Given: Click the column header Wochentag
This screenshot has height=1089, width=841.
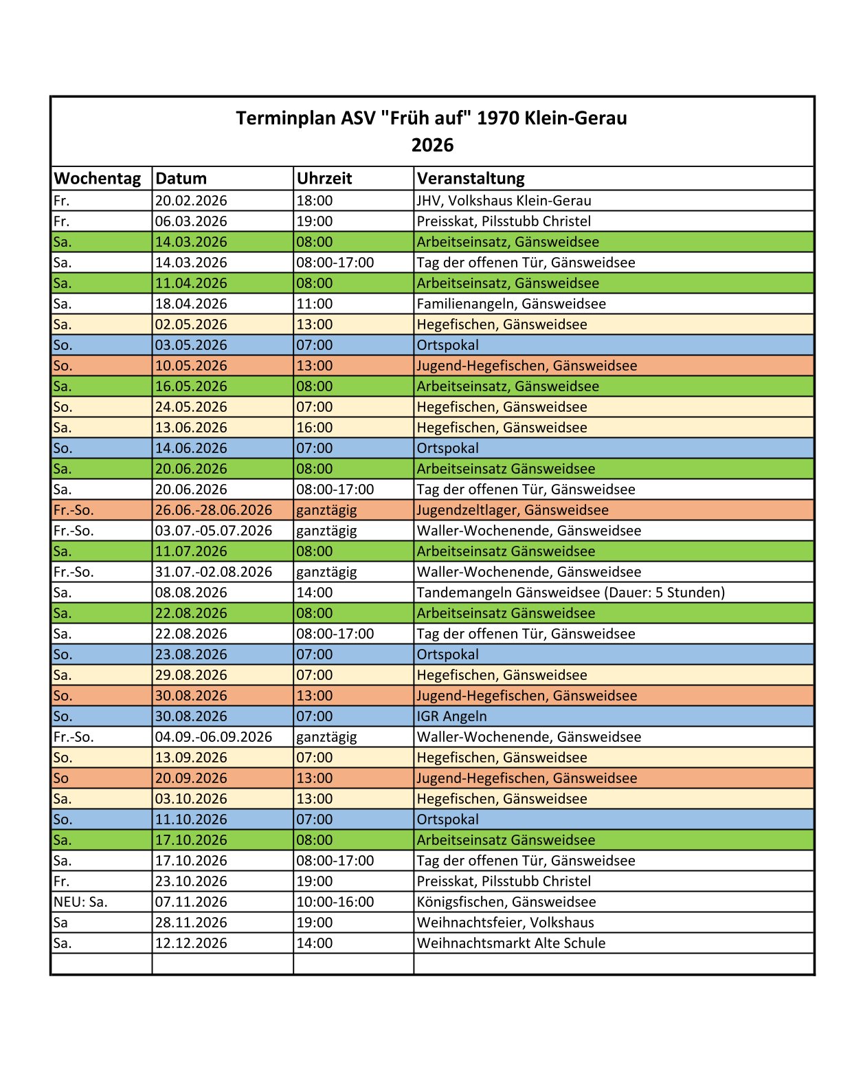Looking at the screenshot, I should (98, 179).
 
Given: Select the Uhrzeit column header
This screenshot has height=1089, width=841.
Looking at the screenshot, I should (324, 179).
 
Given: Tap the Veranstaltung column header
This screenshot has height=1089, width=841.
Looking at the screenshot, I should (471, 179).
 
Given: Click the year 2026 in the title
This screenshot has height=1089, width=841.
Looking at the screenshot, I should (432, 145).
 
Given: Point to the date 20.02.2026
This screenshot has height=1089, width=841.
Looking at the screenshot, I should (191, 201).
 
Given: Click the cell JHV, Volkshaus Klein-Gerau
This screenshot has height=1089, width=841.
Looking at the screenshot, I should (504, 201).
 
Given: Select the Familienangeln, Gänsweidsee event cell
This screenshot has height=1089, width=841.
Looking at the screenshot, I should (511, 304).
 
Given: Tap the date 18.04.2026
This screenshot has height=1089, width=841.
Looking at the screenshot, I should (191, 304).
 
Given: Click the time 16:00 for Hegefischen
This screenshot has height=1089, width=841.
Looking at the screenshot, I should (315, 428).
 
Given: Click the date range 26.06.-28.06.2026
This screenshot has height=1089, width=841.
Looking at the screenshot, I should (214, 510).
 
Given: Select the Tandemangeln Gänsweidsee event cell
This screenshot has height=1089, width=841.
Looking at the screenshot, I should (570, 593).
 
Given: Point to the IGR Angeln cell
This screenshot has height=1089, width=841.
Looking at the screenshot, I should (451, 716).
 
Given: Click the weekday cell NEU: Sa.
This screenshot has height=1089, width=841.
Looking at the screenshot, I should (80, 902).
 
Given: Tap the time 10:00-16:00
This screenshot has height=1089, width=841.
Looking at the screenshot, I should (335, 902).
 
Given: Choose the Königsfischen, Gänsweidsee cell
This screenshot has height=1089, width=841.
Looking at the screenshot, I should (506, 902).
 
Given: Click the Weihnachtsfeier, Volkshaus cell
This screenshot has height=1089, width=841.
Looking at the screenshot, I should (505, 923).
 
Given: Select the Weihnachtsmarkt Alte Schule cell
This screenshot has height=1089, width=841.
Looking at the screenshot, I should (511, 943).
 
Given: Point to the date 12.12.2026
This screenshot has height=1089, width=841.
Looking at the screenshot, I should (191, 943).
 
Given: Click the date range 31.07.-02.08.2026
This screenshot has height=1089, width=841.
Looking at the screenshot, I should (214, 572).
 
